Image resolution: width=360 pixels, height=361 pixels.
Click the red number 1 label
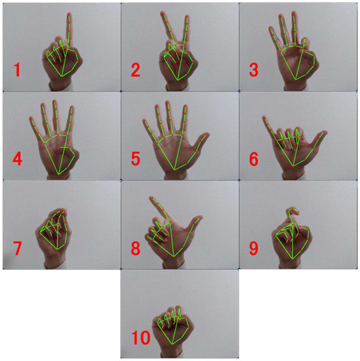(x=17, y=70)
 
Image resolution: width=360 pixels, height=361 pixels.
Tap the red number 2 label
(x=136, y=70)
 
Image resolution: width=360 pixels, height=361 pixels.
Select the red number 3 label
(x=254, y=70)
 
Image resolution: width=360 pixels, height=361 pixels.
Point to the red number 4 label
(x=18, y=159)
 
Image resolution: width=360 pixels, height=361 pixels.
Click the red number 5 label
(x=136, y=159)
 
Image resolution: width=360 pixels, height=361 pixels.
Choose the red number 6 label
(x=254, y=159)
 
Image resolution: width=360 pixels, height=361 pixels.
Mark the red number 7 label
(x=17, y=248)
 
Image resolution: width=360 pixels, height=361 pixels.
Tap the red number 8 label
(x=136, y=248)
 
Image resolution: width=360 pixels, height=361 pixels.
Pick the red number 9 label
(x=254, y=248)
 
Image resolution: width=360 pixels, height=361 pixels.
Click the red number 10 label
(x=141, y=337)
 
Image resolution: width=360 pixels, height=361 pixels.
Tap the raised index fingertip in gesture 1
(x=70, y=14)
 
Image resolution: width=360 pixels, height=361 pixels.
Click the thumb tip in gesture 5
(x=207, y=134)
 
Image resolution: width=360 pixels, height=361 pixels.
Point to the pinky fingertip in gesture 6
(x=264, y=117)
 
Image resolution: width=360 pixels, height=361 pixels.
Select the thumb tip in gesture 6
(x=325, y=132)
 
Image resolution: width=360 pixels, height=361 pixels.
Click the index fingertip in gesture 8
(x=151, y=198)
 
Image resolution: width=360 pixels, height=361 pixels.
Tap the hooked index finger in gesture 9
(x=292, y=213)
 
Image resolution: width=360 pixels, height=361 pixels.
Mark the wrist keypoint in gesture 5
(x=174, y=170)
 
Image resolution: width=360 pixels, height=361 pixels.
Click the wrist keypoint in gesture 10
(x=172, y=345)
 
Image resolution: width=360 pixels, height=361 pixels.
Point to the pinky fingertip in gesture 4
(x=31, y=119)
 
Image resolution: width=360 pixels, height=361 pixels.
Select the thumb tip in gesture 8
(x=201, y=217)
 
